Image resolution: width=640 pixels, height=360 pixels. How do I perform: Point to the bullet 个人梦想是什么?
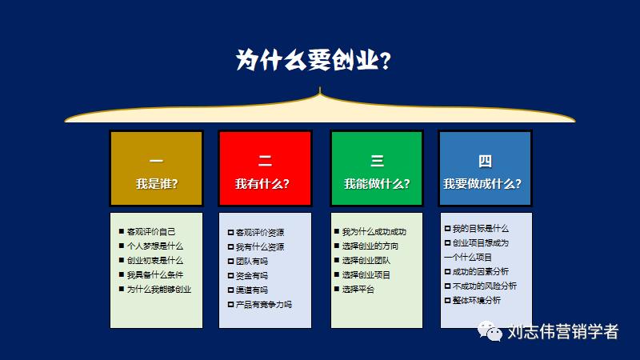tap(155, 246)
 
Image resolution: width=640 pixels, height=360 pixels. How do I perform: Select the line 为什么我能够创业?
tap(159, 289)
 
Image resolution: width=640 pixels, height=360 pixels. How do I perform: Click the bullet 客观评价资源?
tap(259, 233)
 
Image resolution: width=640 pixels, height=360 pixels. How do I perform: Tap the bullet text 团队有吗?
tap(251, 262)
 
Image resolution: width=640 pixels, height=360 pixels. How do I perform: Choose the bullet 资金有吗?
tap(251, 276)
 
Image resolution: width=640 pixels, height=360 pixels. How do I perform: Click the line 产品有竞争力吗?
tap(263, 305)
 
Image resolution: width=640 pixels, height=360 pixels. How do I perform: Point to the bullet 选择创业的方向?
tap(370, 246)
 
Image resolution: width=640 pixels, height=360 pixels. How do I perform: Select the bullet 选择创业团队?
tap(366, 261)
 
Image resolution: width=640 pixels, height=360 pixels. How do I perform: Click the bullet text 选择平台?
tap(358, 290)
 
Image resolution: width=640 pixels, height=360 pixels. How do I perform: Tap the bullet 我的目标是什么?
tap(480, 228)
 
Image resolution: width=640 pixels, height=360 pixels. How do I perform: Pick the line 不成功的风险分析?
tap(484, 286)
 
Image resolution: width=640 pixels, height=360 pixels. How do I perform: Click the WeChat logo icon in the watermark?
tap(490, 331)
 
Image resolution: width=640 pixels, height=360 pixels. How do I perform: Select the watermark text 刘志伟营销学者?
tap(563, 332)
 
